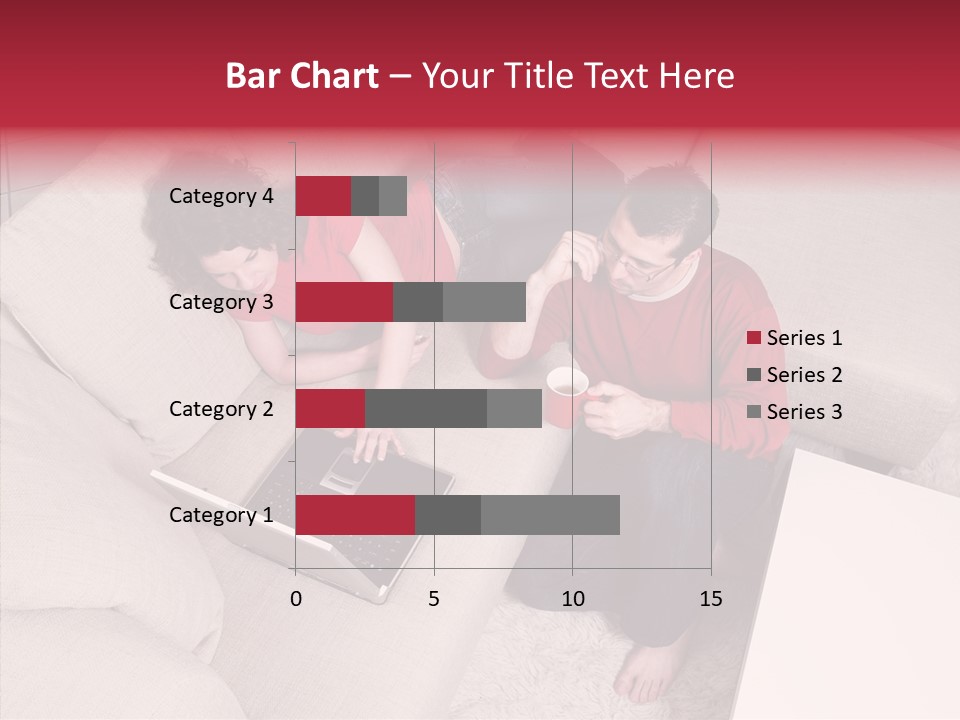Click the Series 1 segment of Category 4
tap(323, 196)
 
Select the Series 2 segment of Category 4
tap(365, 196)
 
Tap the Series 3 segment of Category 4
tap(393, 196)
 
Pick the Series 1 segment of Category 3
tap(344, 302)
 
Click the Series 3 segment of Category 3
tap(484, 302)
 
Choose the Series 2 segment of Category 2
tap(426, 408)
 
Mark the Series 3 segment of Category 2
tap(514, 408)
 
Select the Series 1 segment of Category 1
tap(355, 515)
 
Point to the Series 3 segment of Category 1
tap(550, 515)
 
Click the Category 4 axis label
tap(221, 196)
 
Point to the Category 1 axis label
tap(221, 515)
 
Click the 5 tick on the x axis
tap(434, 599)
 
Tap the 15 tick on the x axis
tap(711, 599)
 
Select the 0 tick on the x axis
tap(296, 599)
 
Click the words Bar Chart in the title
tap(302, 76)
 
